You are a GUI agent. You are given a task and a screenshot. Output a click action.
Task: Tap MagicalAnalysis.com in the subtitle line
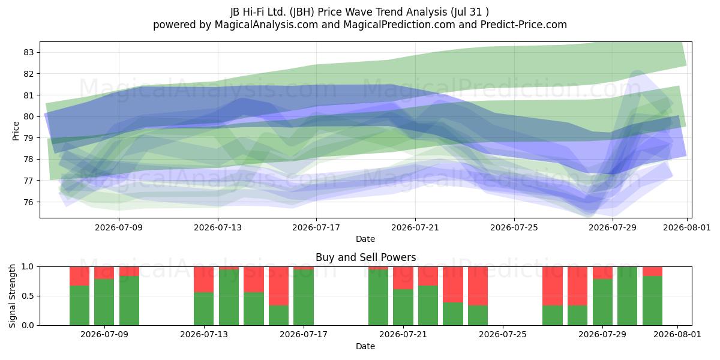(266, 25)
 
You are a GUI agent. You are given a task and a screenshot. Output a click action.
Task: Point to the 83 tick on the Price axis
(29, 52)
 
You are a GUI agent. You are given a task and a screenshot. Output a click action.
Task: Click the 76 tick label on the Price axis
(29, 202)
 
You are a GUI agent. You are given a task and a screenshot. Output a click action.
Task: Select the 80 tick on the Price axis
(29, 116)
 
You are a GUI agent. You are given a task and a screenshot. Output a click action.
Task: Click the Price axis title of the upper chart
(16, 131)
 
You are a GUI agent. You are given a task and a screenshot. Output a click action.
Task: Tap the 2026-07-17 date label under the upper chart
(316, 227)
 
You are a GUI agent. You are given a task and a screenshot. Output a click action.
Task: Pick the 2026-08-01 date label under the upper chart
(687, 227)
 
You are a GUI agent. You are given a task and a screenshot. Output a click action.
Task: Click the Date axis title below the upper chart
(365, 239)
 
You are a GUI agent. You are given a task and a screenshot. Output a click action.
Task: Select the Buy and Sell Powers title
(366, 257)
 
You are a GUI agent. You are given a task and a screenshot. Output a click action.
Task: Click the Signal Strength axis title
(12, 296)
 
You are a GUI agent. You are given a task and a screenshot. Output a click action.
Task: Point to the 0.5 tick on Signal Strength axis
(28, 296)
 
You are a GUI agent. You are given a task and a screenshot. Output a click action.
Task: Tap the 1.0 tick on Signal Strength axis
(28, 267)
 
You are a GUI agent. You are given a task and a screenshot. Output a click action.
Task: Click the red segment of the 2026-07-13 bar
(204, 280)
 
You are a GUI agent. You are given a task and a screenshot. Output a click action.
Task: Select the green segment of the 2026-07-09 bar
(104, 302)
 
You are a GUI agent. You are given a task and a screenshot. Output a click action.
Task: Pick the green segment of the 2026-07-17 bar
(304, 298)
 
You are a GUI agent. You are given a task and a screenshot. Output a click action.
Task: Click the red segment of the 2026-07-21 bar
(403, 278)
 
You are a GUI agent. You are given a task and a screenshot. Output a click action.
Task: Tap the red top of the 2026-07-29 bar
(602, 273)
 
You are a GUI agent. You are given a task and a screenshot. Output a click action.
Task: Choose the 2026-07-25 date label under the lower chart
(503, 335)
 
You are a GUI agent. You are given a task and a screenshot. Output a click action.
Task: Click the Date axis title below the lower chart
(365, 346)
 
